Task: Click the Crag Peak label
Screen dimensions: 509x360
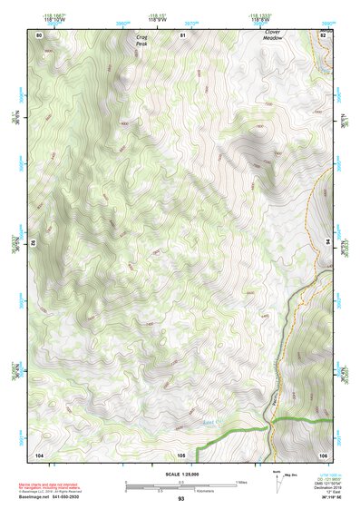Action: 141,42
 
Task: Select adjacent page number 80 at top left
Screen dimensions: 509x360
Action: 39,34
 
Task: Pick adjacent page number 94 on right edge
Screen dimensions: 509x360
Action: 326,243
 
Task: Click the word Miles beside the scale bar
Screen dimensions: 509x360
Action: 240,481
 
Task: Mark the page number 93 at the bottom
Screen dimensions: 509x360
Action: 181,499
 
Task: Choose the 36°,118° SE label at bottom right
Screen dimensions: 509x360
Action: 325,497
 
